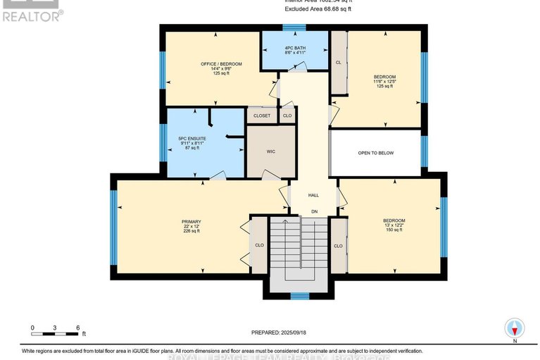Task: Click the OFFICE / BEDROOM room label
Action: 221,64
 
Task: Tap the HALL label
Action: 313,195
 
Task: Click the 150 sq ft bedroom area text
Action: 394,230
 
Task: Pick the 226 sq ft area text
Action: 191,231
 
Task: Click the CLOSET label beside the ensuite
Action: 262,115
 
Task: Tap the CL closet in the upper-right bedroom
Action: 339,62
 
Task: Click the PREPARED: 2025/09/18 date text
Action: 281,333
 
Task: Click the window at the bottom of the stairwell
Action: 301,296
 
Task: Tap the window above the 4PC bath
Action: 289,27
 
